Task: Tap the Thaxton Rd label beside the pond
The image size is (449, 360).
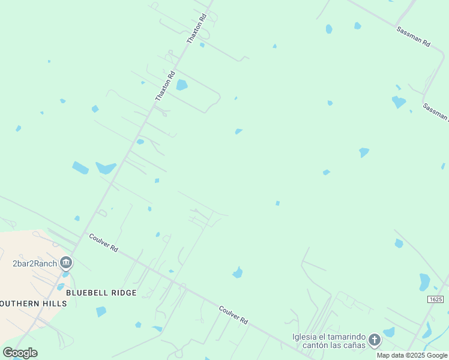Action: (x=165, y=86)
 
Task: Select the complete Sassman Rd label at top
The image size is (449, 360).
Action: (x=414, y=36)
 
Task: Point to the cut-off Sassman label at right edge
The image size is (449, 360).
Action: (x=435, y=112)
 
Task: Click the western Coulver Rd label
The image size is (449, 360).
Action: (x=103, y=242)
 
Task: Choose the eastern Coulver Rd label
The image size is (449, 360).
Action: (x=234, y=315)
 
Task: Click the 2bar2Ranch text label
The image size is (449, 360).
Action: (x=35, y=263)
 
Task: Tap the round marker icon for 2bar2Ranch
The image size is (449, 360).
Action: (x=66, y=263)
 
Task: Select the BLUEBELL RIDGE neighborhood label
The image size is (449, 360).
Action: (x=101, y=293)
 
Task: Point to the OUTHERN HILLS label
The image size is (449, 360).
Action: (x=34, y=304)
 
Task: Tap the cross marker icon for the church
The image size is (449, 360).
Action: (x=374, y=340)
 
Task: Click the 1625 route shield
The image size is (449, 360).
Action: (x=436, y=299)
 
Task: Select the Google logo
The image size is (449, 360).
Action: (x=20, y=352)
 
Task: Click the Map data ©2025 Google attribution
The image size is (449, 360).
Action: (x=412, y=355)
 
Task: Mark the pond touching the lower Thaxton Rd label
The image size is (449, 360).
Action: (x=181, y=85)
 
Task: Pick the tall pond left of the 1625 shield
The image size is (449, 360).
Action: (x=424, y=281)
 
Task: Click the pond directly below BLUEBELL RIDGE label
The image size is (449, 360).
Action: (x=101, y=311)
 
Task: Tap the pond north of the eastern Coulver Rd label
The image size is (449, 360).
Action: (x=238, y=273)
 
